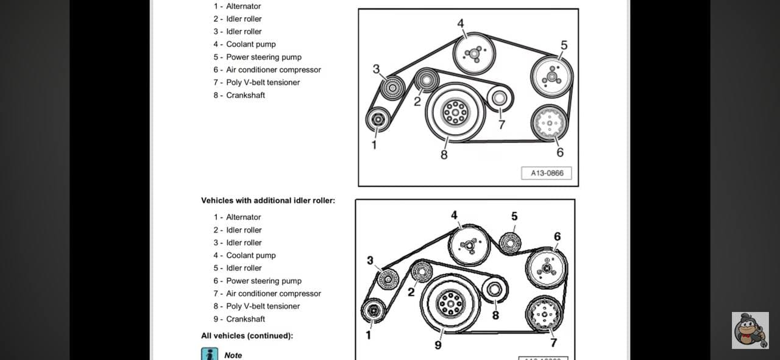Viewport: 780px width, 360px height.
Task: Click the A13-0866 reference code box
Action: click(x=547, y=173)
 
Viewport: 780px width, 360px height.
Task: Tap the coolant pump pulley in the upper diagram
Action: click(x=473, y=54)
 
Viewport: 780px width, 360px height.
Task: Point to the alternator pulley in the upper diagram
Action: click(x=378, y=119)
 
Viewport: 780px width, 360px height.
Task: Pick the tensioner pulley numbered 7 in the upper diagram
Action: click(x=500, y=97)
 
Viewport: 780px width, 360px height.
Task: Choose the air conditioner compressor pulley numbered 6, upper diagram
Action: click(x=549, y=123)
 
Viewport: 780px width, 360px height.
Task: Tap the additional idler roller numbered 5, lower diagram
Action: click(x=510, y=244)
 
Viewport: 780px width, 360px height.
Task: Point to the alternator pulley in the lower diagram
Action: click(x=372, y=311)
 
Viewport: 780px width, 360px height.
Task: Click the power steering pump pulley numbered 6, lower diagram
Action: click(x=547, y=268)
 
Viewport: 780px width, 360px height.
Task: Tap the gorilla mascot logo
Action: click(x=750, y=330)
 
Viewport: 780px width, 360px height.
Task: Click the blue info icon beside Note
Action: click(x=209, y=354)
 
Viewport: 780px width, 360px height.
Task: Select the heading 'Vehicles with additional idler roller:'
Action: click(x=268, y=200)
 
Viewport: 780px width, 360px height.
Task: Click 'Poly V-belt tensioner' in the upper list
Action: click(x=263, y=82)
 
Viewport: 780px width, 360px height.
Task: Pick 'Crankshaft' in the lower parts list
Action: click(x=246, y=319)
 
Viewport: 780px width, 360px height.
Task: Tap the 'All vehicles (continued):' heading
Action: click(x=247, y=336)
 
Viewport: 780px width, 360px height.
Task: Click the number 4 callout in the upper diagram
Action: click(x=461, y=24)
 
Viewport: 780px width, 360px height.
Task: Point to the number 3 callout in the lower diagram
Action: click(x=370, y=261)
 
